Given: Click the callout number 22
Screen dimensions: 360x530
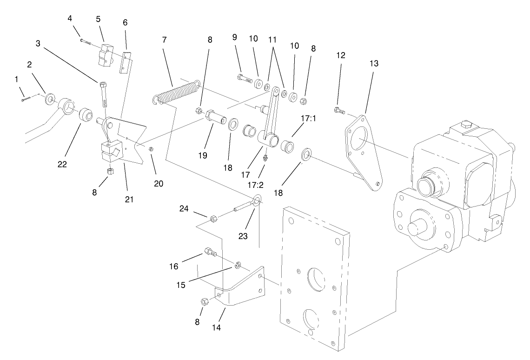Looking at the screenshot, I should (62, 164).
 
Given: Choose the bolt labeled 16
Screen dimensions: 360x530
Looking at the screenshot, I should (210, 253).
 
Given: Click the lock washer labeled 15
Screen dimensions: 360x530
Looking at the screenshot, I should (237, 265).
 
